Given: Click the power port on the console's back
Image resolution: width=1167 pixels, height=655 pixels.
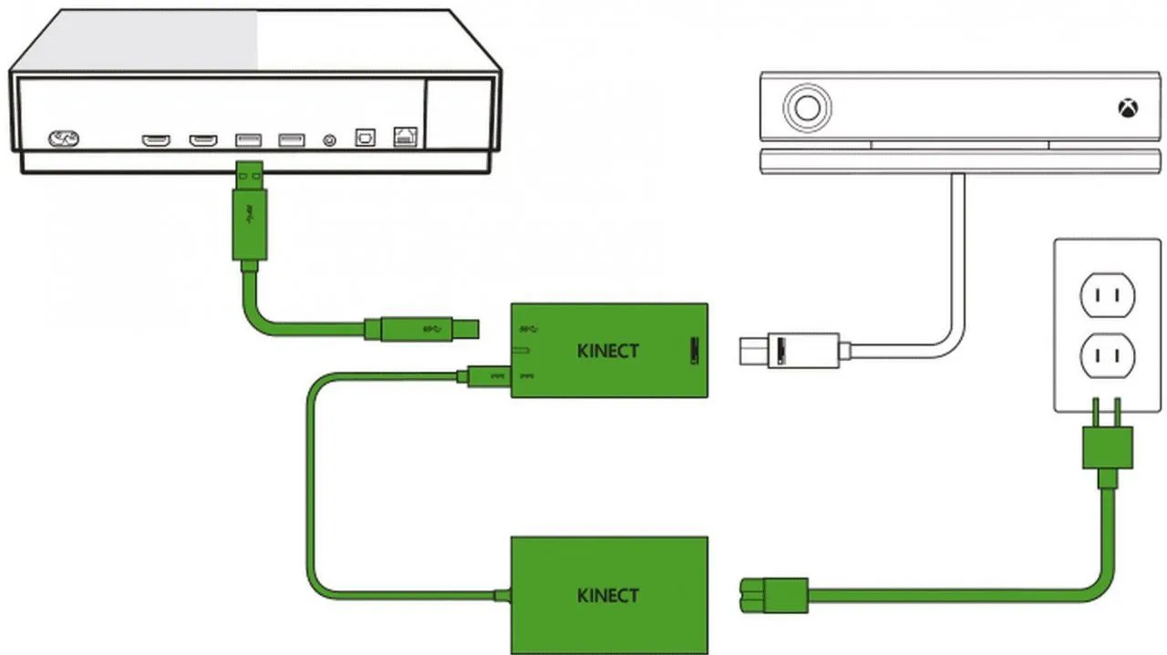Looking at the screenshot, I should pyautogui.click(x=64, y=139).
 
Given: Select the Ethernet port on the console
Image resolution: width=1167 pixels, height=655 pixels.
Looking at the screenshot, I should pyautogui.click(x=405, y=138).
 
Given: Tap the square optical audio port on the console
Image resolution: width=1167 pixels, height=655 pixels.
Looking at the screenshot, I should pyautogui.click(x=365, y=138).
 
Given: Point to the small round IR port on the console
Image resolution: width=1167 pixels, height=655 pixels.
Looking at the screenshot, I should pyautogui.click(x=330, y=140).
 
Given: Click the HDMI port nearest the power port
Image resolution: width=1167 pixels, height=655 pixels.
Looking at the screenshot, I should pyautogui.click(x=156, y=140).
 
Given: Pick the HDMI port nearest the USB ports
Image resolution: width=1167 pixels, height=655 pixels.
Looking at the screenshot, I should pyautogui.click(x=202, y=140).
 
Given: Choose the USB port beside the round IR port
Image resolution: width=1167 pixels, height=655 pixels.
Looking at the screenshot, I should pyautogui.click(x=291, y=139).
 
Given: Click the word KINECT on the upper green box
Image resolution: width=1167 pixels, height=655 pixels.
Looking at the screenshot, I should pyautogui.click(x=608, y=351).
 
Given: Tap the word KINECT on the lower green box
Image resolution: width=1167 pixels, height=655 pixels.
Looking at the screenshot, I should pyautogui.click(x=608, y=596).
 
